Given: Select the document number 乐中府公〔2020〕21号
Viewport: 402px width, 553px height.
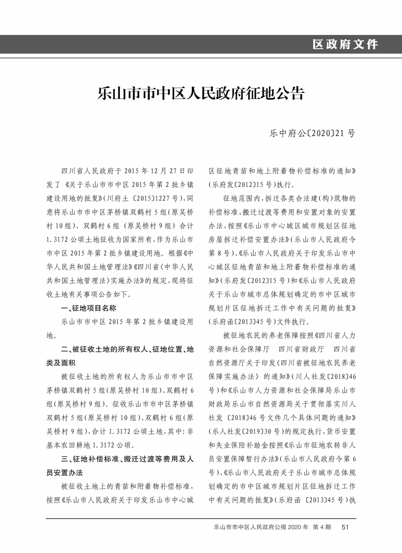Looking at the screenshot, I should tap(312, 133).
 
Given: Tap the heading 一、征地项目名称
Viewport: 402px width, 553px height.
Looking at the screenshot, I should tap(88, 307).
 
